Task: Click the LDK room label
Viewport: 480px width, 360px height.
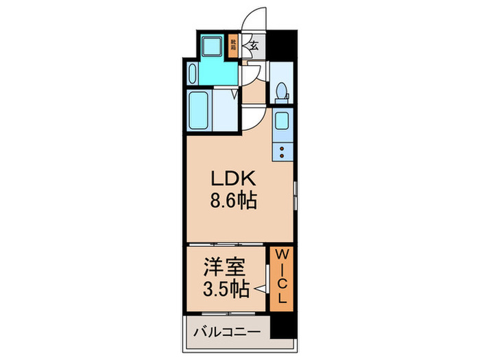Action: [233, 180]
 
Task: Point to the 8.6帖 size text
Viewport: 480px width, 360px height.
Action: [233, 203]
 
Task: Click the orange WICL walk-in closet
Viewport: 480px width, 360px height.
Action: [282, 277]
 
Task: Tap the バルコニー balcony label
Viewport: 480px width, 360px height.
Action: [226, 332]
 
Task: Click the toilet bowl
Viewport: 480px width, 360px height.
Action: [280, 91]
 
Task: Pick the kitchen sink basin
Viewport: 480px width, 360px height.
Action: [282, 122]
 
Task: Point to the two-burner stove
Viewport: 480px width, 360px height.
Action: [281, 148]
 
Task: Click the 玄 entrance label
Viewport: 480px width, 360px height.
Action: [253, 47]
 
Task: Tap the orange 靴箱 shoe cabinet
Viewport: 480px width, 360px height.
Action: [233, 46]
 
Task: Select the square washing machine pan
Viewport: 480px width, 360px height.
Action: [212, 47]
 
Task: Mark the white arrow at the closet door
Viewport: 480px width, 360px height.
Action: [261, 290]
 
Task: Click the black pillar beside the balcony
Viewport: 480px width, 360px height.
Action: [280, 326]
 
